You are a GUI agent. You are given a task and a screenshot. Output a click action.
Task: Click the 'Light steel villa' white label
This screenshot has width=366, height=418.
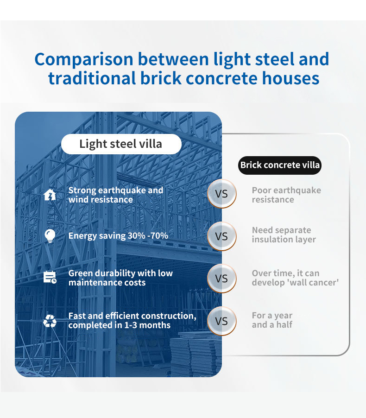(x=121, y=144)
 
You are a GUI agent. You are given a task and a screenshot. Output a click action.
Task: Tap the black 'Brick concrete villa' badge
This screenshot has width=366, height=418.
(x=280, y=165)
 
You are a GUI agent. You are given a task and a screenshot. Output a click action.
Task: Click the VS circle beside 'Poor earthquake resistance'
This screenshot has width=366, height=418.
(x=222, y=194)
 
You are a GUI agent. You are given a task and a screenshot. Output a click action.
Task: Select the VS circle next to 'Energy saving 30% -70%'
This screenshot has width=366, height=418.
(x=222, y=236)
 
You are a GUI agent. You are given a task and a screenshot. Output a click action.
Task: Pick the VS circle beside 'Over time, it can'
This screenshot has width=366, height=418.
(x=222, y=279)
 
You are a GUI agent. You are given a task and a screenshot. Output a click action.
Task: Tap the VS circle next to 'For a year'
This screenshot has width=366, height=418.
(x=222, y=321)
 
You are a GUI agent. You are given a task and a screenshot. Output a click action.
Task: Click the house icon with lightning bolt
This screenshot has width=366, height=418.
(x=50, y=195)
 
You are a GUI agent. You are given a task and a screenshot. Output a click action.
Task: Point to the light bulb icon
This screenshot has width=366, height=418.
(x=50, y=236)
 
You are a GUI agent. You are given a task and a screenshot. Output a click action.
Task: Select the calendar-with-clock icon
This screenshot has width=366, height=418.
(x=50, y=277)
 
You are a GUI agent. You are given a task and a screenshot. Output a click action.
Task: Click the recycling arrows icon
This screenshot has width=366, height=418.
(x=50, y=321)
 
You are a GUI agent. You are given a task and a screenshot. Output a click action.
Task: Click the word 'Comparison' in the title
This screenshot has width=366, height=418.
(x=84, y=60)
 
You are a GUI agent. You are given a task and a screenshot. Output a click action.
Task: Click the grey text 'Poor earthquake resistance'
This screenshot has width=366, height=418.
(x=286, y=195)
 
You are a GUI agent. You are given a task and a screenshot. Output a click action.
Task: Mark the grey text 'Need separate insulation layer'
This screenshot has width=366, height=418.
(x=284, y=235)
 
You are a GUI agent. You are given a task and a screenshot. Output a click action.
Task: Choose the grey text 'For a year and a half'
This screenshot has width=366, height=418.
(x=272, y=320)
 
